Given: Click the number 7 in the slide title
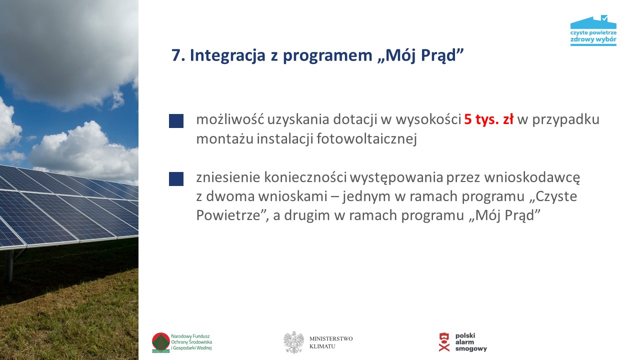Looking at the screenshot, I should tap(175, 56).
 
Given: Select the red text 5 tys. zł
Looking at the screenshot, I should tap(488, 119).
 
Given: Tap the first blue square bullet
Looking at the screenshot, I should tap(176, 121).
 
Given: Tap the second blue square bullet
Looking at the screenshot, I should tap(176, 179).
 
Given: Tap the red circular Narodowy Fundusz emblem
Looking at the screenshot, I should tap(161, 342).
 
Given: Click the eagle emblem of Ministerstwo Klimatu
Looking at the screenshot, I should tap(293, 342).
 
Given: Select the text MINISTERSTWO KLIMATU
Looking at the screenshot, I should tap(331, 342).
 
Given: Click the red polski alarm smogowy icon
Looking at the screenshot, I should tap(444, 342).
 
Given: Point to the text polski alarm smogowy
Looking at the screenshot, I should tap(470, 342).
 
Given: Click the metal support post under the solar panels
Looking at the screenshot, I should tap(9, 265).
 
